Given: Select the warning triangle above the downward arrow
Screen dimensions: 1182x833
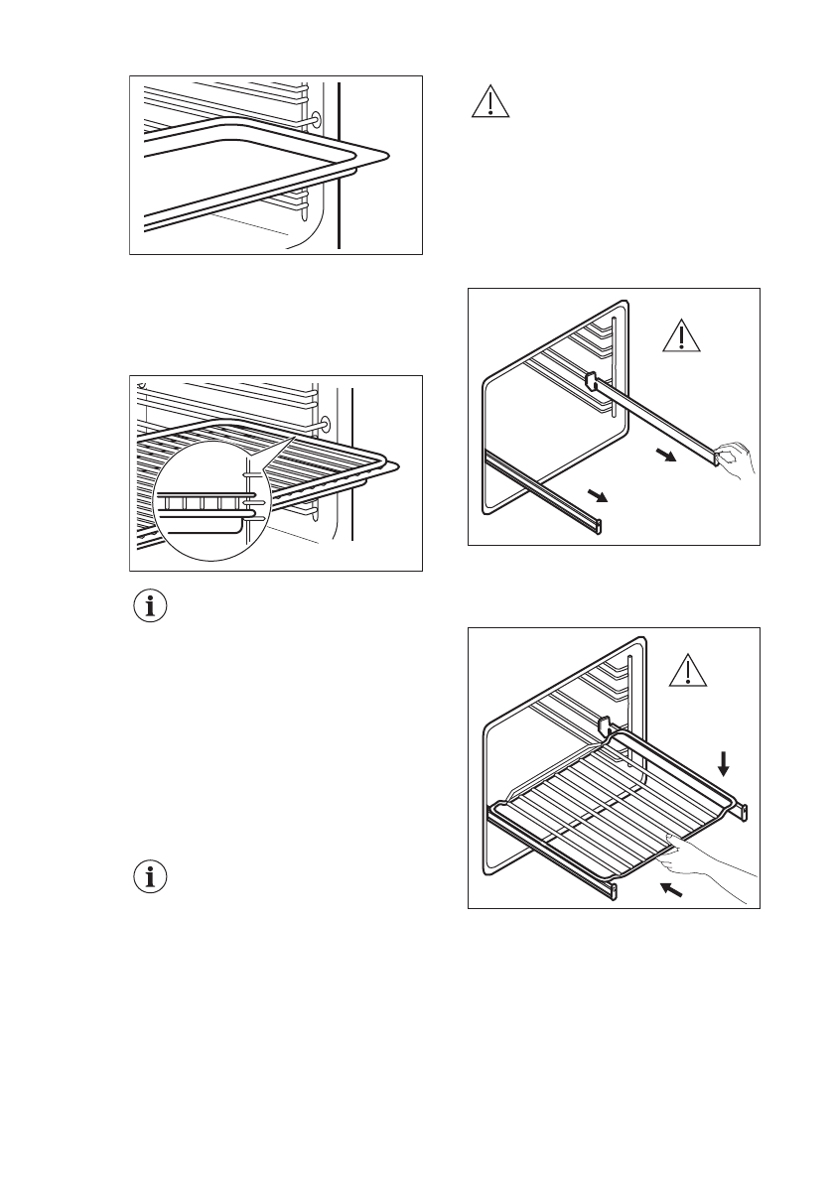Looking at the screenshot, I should (x=686, y=672).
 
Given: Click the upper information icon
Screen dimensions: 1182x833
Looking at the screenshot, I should (x=151, y=607).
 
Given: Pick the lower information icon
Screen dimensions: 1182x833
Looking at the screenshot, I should (x=151, y=877).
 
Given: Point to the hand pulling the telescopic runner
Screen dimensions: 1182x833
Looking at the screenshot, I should (x=736, y=459).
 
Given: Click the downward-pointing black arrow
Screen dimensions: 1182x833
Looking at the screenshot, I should (x=724, y=762).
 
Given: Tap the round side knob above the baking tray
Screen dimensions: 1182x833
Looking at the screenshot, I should (x=316, y=119).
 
